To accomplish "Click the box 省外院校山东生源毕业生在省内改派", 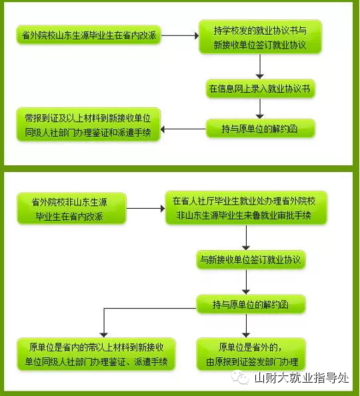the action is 89,35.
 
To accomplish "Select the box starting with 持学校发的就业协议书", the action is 260,37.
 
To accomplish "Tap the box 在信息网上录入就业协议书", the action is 260,89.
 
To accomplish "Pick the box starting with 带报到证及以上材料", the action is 89,124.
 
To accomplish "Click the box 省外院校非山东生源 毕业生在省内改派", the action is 71,209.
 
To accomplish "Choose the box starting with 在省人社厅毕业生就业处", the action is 246,207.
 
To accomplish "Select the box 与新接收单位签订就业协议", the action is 251,259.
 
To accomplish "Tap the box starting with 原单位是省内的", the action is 96,354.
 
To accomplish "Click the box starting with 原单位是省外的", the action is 251,354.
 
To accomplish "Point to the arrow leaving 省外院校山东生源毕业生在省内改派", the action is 180,35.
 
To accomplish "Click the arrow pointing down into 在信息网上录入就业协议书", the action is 260,67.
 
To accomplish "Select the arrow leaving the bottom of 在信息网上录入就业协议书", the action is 260,108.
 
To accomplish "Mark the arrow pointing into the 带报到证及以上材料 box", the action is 183,129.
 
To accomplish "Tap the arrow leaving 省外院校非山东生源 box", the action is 145,209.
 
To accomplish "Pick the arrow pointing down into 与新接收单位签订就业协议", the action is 246,237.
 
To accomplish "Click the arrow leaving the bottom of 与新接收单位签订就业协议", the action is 246,281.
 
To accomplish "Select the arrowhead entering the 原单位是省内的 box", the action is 104,335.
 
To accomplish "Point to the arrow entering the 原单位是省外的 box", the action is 246,325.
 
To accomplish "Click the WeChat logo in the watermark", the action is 240,378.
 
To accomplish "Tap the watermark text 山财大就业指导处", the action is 301,378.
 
